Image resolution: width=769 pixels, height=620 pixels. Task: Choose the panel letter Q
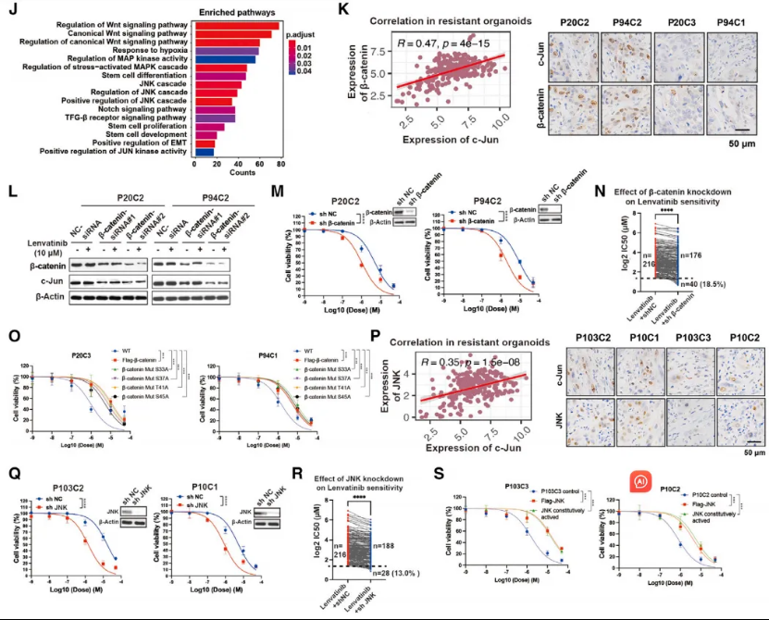click(x=13, y=470)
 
